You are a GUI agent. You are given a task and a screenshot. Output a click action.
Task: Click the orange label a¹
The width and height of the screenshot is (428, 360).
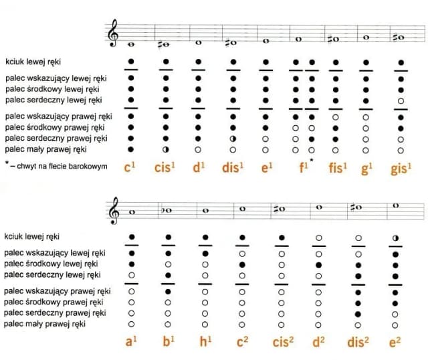click(x=132, y=341)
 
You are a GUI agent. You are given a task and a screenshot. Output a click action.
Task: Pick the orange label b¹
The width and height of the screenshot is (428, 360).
click(x=168, y=341)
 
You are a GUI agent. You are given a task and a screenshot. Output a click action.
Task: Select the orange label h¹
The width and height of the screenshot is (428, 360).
click(x=205, y=341)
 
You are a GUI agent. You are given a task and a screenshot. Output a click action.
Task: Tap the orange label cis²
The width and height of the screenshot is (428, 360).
click(x=282, y=341)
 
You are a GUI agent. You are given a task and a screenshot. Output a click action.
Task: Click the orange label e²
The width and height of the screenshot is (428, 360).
click(x=395, y=341)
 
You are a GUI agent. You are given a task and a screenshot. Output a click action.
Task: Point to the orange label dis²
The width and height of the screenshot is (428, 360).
click(x=358, y=341)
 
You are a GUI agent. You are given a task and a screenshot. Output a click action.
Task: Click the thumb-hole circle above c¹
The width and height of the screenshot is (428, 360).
click(x=131, y=62)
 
